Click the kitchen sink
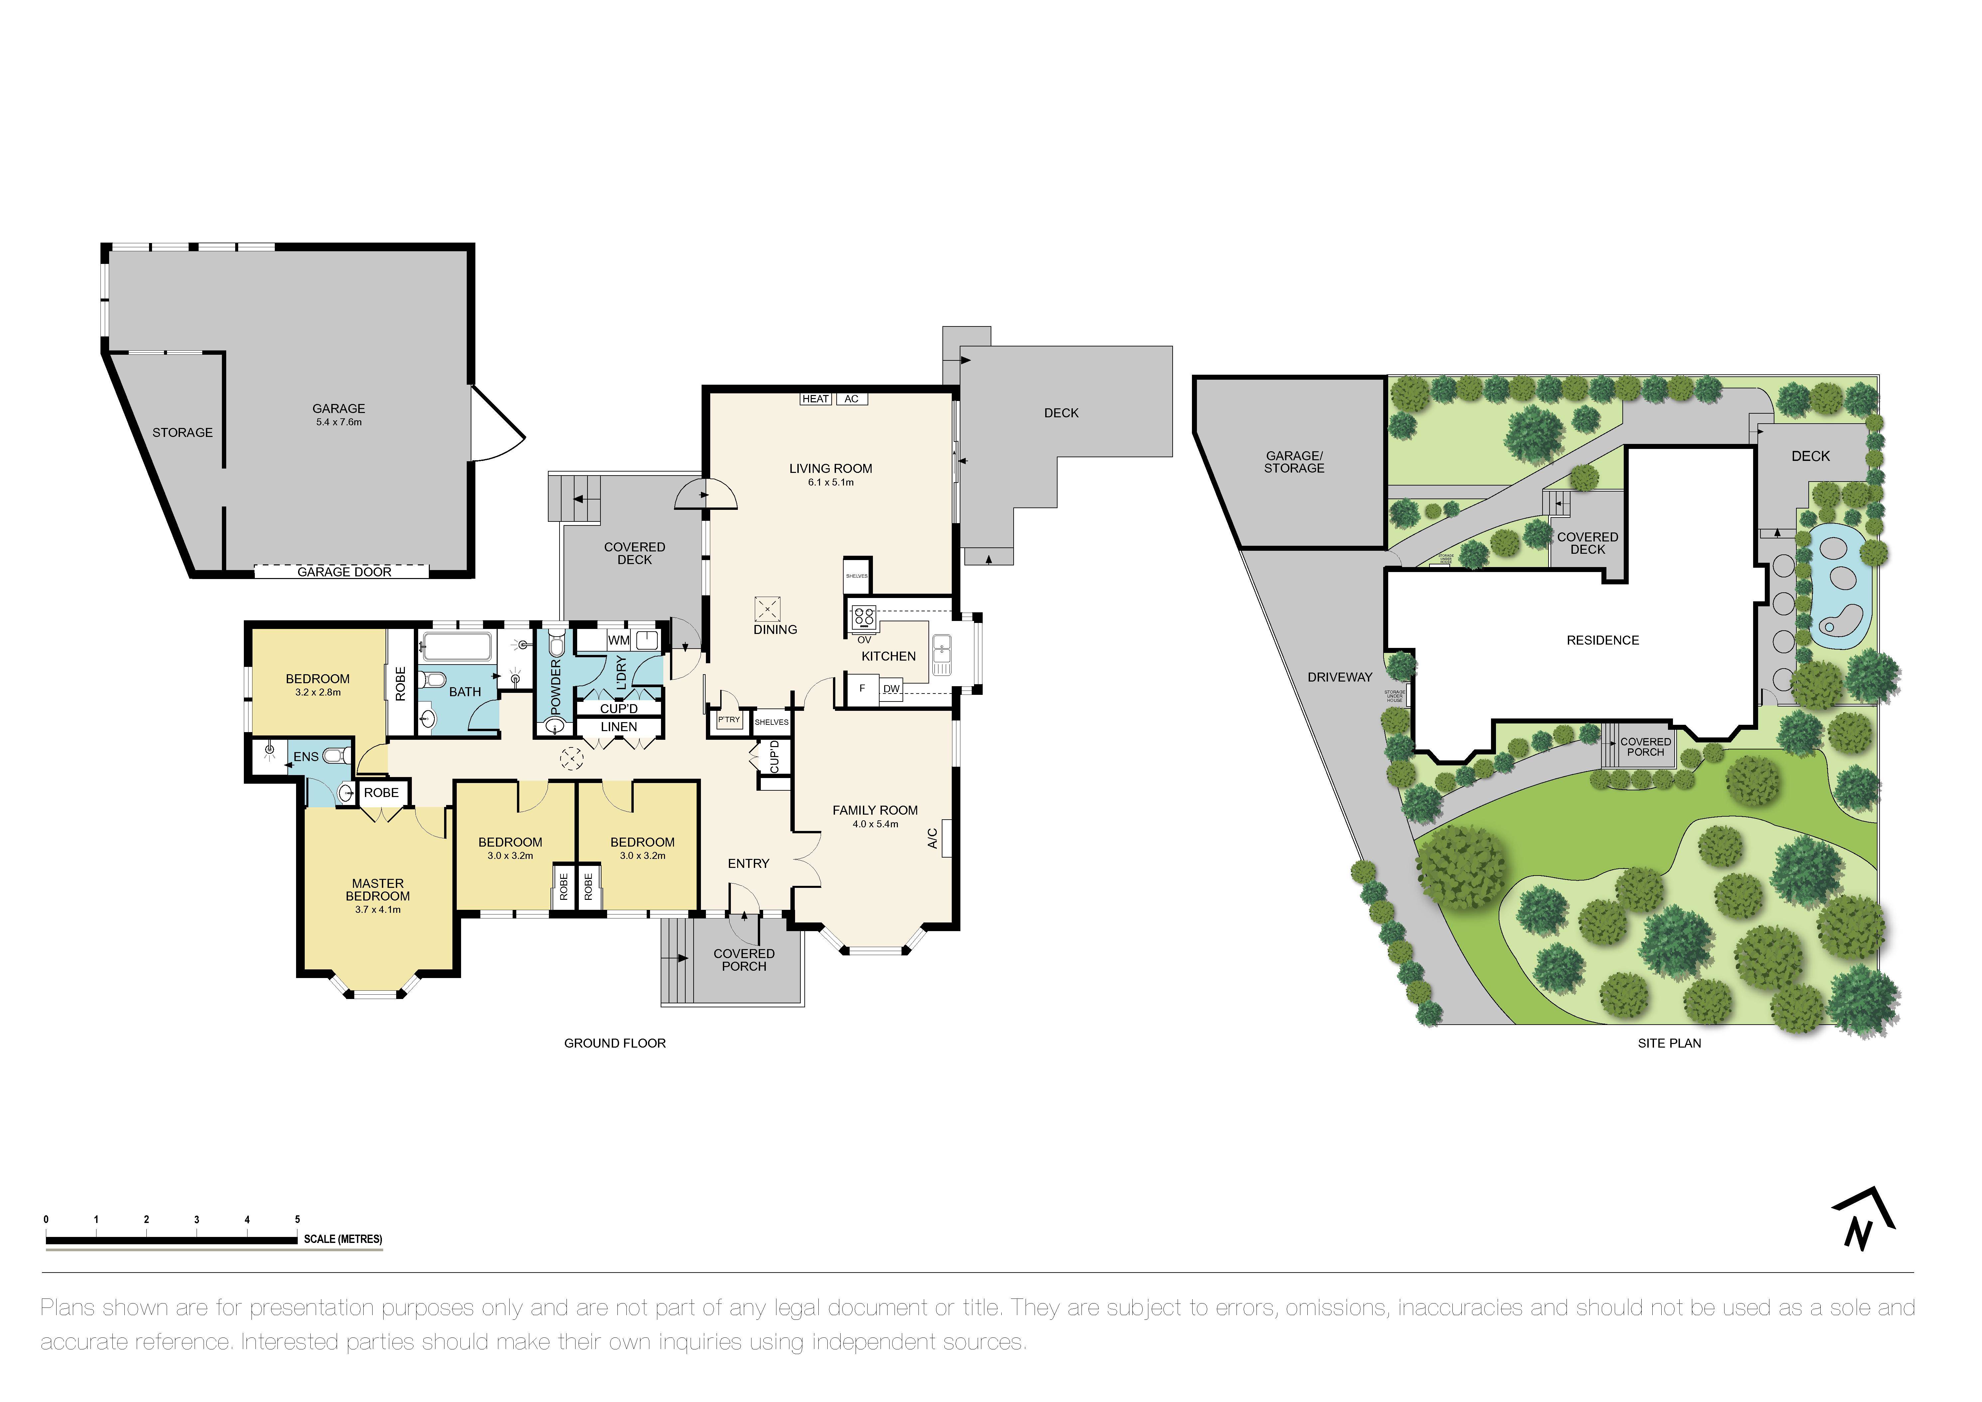click(x=942, y=654)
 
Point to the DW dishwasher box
click(x=891, y=689)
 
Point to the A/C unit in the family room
click(x=946, y=837)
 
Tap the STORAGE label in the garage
click(x=182, y=433)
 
